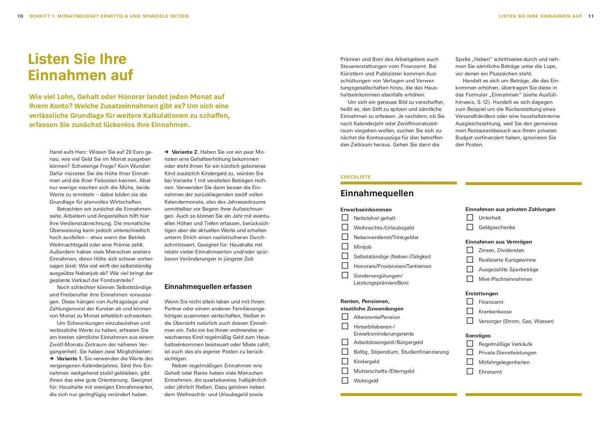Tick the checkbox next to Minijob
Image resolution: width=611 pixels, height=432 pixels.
(x=345, y=246)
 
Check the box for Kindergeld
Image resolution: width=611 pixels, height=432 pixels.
(x=345, y=361)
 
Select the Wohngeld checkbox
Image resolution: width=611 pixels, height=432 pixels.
(x=345, y=380)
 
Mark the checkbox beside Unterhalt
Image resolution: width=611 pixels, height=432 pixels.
(x=470, y=218)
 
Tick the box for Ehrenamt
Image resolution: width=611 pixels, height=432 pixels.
(x=470, y=371)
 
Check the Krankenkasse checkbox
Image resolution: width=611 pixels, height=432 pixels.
(x=470, y=311)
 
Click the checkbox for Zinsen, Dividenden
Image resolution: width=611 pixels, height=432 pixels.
(x=470, y=250)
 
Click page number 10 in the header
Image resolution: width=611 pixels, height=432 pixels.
(x=20, y=16)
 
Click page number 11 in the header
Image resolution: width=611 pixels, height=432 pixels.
(x=591, y=16)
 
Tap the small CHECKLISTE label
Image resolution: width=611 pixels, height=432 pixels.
(x=355, y=177)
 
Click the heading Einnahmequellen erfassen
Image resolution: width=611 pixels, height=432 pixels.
(x=208, y=287)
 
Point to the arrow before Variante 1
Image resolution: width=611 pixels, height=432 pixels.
(x=52, y=359)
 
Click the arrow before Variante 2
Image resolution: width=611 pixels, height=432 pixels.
(x=167, y=152)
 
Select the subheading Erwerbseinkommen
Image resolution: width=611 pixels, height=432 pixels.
(x=366, y=210)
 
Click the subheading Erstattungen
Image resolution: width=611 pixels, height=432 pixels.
(x=482, y=293)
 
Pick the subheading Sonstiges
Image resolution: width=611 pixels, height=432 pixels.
(x=478, y=336)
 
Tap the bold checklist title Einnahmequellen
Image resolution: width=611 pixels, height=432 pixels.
(x=377, y=193)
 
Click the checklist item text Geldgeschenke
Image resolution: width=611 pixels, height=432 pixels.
(x=496, y=227)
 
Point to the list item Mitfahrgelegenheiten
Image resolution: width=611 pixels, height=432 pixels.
(x=504, y=362)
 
